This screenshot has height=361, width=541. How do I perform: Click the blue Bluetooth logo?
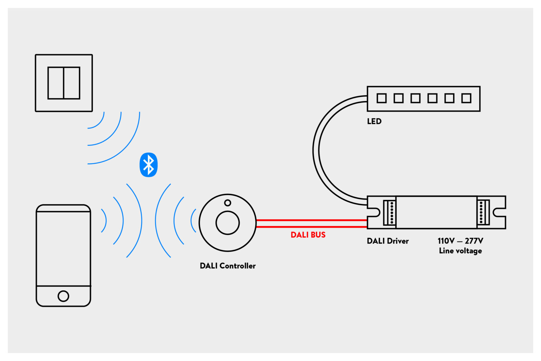148,165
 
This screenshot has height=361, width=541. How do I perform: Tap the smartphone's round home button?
63,296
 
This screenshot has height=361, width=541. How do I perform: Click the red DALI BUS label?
308,235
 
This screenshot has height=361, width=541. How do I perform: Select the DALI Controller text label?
228,266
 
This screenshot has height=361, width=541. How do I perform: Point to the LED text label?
374,121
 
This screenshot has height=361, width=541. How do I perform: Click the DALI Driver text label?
387,241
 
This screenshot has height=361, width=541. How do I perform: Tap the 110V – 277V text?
460,241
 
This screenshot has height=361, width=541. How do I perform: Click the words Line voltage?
460,251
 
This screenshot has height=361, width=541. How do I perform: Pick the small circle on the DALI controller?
228,203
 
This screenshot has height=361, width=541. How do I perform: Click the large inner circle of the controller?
228,223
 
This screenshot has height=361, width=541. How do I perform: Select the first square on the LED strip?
381,98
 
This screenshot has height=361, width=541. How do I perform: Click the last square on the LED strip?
466,98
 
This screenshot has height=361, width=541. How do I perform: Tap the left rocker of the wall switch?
56,83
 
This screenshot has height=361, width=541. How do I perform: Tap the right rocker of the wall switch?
72,83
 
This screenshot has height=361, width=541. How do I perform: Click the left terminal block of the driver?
389,212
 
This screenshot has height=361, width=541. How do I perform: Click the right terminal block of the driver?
483,212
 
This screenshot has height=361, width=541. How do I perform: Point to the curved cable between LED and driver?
316,151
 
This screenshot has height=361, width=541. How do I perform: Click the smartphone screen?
63,249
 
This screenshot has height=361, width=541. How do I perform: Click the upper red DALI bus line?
311,220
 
